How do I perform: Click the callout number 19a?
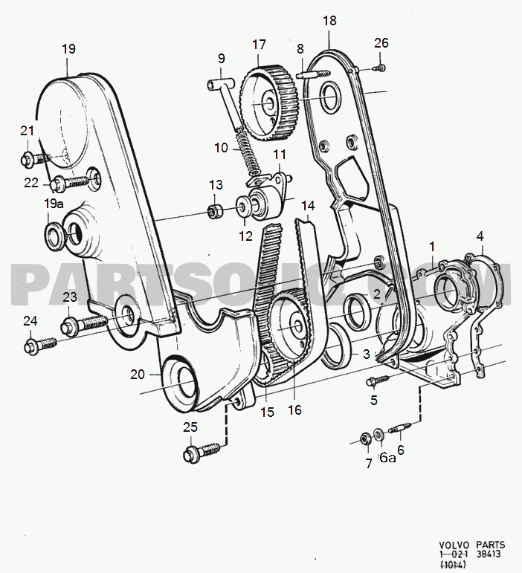[54, 202]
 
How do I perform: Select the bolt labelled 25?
[202, 450]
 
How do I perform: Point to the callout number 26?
[381, 44]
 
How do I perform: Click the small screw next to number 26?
[378, 68]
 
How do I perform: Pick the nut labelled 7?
[366, 438]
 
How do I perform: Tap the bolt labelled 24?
[41, 344]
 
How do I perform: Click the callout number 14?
[308, 206]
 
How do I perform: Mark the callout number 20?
[138, 375]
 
